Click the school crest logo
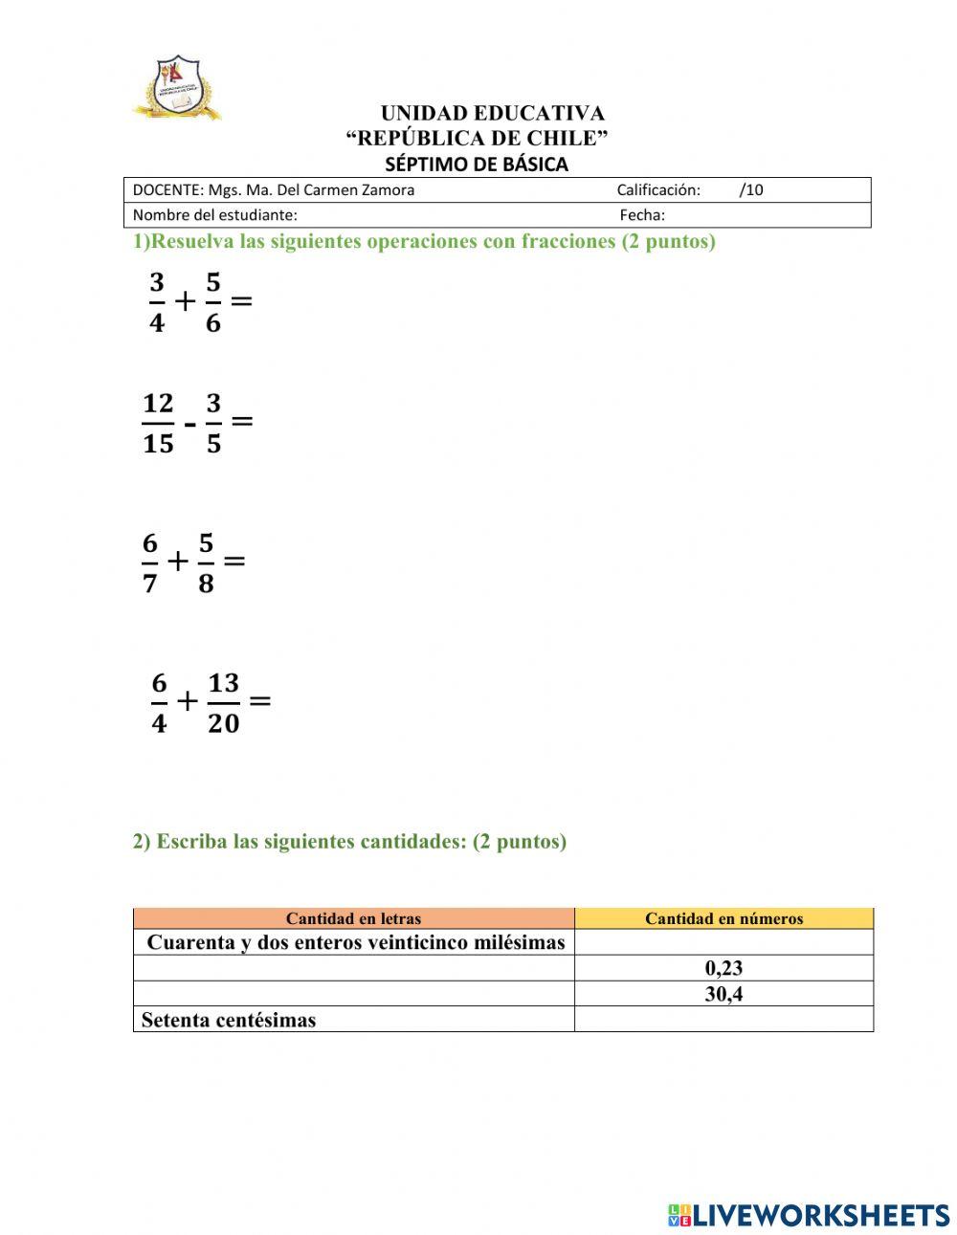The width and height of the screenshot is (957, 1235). click(x=177, y=88)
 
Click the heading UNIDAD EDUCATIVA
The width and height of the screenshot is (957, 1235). click(x=492, y=114)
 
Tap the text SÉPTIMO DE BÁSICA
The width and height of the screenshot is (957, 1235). click(x=476, y=165)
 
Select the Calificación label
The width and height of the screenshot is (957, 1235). click(x=657, y=189)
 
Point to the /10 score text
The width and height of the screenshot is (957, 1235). click(x=751, y=189)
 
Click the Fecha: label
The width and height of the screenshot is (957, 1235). click(x=641, y=215)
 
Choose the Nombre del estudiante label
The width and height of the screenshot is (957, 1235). click(x=214, y=215)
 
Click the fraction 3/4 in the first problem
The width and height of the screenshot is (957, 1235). click(x=157, y=302)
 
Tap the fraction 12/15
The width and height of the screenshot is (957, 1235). click(x=158, y=423)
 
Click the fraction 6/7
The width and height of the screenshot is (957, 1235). click(x=149, y=562)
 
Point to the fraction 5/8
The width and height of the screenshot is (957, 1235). click(x=206, y=562)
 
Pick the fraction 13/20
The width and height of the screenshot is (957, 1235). click(x=223, y=702)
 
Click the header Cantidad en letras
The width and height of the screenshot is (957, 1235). click(x=353, y=918)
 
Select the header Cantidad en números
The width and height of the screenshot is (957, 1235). click(x=723, y=918)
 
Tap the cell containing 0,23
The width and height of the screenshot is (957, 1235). click(x=723, y=968)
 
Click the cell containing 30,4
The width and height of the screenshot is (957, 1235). click(x=723, y=994)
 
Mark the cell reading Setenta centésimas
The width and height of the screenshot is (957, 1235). click(x=229, y=1020)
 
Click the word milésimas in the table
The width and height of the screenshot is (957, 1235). click(x=520, y=942)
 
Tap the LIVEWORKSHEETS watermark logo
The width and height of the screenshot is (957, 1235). click(x=809, y=1215)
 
